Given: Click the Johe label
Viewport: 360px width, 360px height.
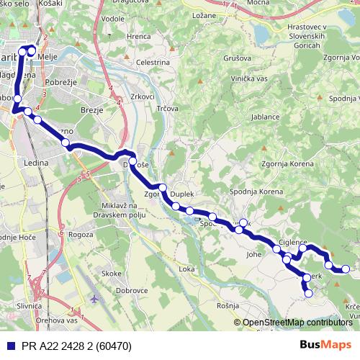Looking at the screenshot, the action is coord(253,254).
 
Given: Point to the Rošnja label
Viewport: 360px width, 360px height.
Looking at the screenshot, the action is coord(226,306).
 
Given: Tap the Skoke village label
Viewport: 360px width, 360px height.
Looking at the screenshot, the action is coord(112,274).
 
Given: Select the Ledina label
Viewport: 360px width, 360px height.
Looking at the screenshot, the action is coord(36,163).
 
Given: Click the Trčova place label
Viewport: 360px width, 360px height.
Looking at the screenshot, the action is coord(168,108).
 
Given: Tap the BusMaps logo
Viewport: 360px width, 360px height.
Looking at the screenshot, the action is coord(326,346).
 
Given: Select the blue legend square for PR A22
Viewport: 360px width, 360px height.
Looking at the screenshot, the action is coord(9,346).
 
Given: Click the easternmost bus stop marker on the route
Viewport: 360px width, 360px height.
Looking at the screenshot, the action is coord(346,269).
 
